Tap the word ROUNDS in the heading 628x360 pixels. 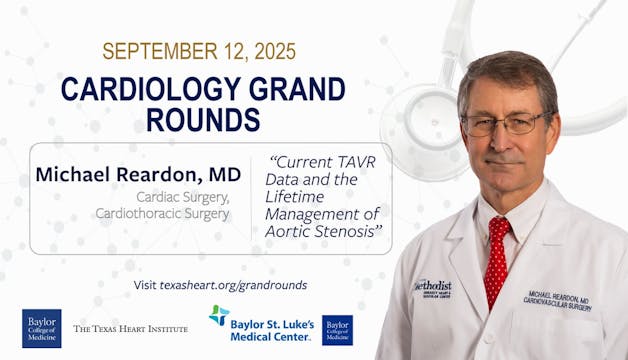(x=203, y=119)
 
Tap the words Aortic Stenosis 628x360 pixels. (x=329, y=232)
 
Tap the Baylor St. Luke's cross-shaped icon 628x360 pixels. (x=219, y=315)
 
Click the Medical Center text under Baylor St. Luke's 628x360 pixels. (x=269, y=336)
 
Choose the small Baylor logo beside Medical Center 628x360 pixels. (x=337, y=329)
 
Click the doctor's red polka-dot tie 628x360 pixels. (x=496, y=260)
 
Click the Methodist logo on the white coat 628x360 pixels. (x=432, y=289)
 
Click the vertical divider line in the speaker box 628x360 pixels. (x=250, y=198)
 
